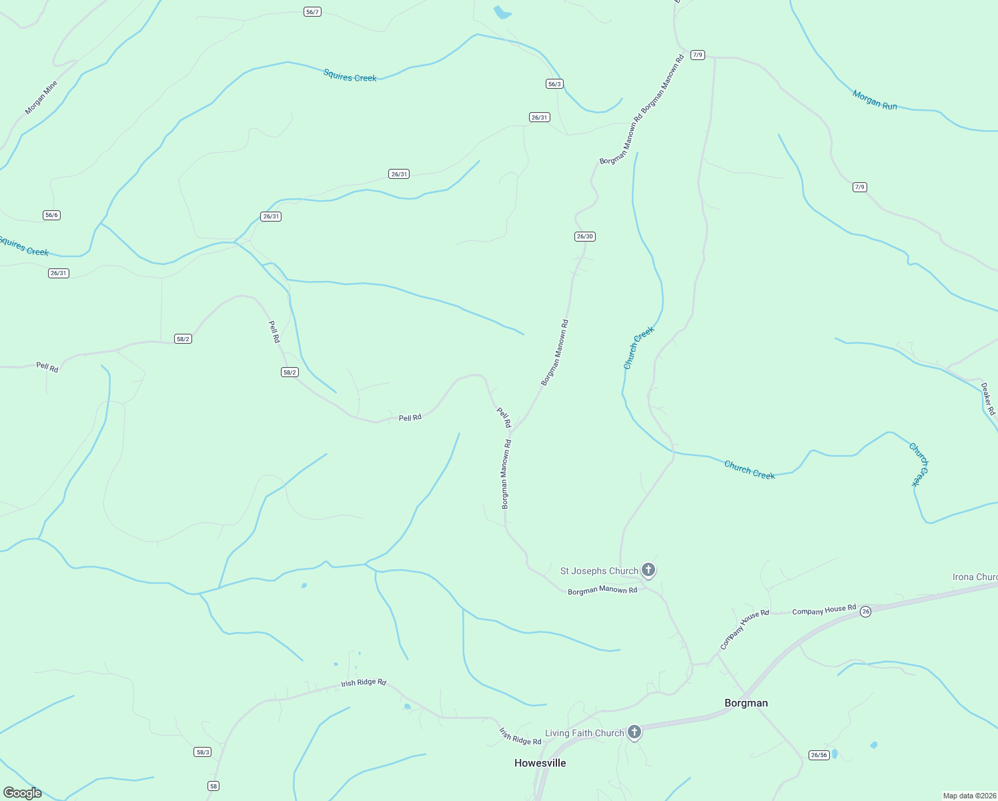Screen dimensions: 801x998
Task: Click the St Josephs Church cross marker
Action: tap(648, 569)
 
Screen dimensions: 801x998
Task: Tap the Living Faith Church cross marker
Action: tap(634, 732)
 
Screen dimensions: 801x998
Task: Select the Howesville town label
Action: tap(540, 763)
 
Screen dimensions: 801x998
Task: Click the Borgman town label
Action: tap(746, 703)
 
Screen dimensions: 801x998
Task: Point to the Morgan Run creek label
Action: tap(874, 100)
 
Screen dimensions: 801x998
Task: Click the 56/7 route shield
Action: tap(312, 12)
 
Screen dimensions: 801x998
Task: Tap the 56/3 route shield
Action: tap(554, 84)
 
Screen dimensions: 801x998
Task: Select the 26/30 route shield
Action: tap(584, 236)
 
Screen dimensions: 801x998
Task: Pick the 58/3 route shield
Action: tap(203, 752)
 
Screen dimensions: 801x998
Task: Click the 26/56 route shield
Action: tap(819, 755)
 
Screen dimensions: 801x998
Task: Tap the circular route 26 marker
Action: tap(865, 611)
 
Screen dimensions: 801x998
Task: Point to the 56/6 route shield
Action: tap(51, 215)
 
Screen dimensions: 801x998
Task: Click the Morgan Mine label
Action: tap(41, 97)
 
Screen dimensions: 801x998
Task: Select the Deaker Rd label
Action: tap(988, 398)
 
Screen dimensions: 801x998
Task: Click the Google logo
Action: tap(23, 793)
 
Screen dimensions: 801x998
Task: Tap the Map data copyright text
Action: tap(969, 796)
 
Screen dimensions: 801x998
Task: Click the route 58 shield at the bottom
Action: tap(213, 786)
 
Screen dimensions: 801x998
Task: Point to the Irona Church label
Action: tap(975, 577)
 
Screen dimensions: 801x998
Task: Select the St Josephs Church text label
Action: tap(598, 571)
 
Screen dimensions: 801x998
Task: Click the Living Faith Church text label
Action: tap(584, 733)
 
